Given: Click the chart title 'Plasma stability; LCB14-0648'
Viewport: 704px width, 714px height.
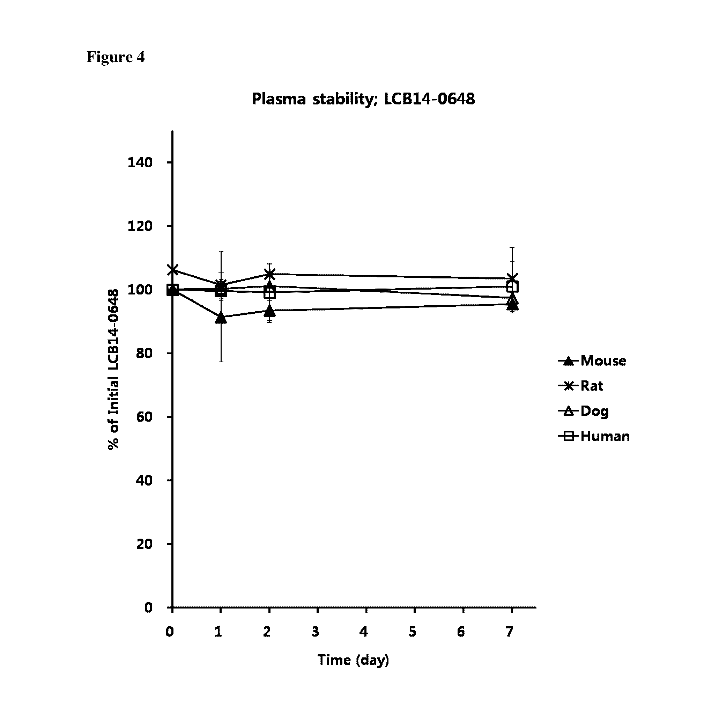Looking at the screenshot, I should point(363,99).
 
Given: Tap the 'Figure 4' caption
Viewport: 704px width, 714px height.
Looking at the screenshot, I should point(115,57).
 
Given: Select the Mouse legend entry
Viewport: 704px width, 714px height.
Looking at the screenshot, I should point(593,361).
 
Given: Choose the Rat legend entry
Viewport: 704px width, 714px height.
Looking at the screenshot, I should point(581,386).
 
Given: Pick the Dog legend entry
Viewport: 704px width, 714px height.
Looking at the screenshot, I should point(584,411).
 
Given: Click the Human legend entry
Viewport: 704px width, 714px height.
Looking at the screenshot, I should point(594,436).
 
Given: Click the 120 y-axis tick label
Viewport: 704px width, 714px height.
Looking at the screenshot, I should point(140,226).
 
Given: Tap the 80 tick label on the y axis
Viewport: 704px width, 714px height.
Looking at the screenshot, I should point(144,353).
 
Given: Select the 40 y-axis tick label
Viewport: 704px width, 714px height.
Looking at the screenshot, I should point(144,480).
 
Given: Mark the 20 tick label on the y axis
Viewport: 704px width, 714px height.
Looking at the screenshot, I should point(144,544).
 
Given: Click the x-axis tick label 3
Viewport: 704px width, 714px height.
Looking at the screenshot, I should point(315,632).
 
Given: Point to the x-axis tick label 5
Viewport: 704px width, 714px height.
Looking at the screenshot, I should point(412,632).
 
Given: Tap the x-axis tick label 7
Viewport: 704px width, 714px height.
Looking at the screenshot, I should point(509,632).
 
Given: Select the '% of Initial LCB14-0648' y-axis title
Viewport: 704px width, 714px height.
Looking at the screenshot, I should point(113,369).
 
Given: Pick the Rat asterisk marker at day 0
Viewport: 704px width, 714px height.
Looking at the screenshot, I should point(172,270).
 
